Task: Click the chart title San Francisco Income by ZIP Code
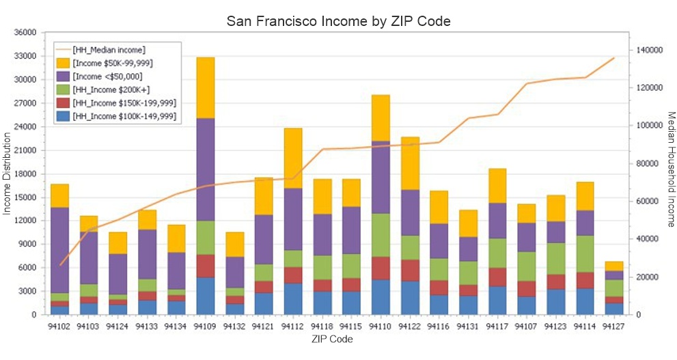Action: tap(338, 21)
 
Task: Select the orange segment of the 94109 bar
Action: tap(206, 87)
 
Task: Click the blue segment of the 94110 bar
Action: tap(381, 297)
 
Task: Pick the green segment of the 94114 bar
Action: tap(585, 254)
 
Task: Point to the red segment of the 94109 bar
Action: tap(206, 266)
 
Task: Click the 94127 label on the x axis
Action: tap(614, 327)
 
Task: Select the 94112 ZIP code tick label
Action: tap(293, 327)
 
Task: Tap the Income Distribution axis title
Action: tap(8, 173)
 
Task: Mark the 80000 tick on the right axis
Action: tap(647, 164)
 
